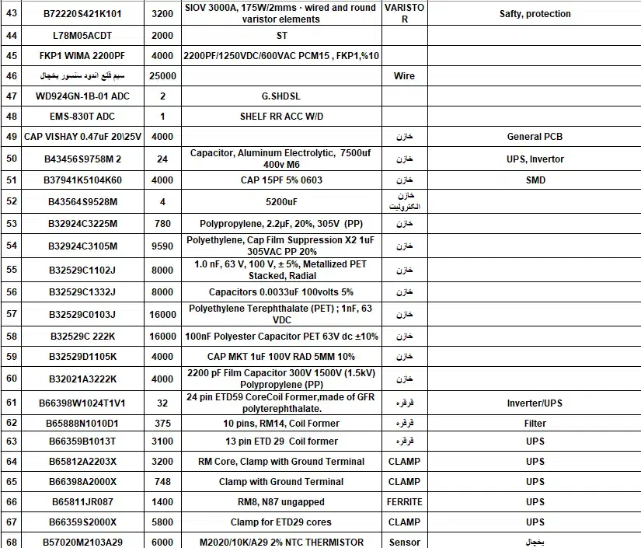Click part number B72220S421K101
coord(82,14)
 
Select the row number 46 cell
coord(11,75)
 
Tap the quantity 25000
coord(162,75)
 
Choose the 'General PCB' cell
coord(535,137)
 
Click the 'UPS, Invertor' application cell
coord(535,159)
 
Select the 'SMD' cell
coord(535,180)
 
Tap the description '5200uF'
coord(282,202)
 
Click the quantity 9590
coord(162,246)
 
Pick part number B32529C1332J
coord(82,292)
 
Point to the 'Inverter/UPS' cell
coord(535,403)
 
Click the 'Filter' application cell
coord(535,424)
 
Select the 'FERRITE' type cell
coord(404,502)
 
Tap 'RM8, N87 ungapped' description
coord(282,502)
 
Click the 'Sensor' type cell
coord(404,542)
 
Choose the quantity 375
coord(162,424)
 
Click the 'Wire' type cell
coord(404,75)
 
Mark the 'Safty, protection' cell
coord(535,14)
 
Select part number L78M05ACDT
coord(82,36)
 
